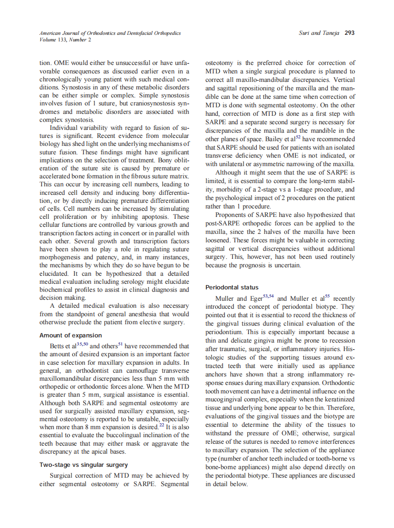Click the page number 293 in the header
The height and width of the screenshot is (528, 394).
pos(349,33)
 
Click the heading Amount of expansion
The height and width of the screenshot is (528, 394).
pos(71,336)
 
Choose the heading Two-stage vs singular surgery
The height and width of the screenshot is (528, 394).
pos(84,465)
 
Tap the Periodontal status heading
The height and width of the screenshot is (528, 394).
pos(232,287)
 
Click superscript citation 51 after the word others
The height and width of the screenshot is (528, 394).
pos(121,344)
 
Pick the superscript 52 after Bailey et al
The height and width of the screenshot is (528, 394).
pos(298,137)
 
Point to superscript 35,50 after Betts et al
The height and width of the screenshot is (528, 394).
pos(82,344)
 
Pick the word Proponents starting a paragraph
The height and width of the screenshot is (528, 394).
pos(233,215)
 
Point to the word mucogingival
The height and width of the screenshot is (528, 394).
pos(225,400)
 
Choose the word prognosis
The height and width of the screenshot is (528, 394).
pos(253,266)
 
